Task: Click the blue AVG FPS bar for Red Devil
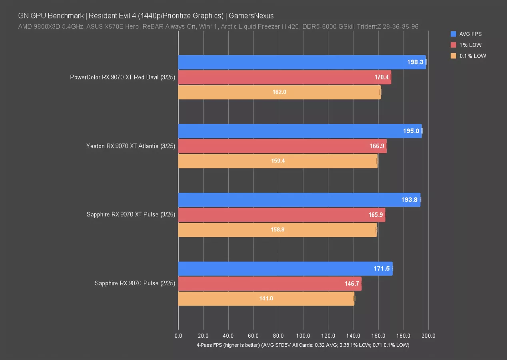[302, 62]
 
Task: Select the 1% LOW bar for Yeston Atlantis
[282, 146]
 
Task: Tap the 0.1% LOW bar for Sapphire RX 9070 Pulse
[266, 298]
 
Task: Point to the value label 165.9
[376, 215]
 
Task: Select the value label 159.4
[277, 161]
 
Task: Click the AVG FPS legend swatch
[453, 34]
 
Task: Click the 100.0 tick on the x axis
[303, 336]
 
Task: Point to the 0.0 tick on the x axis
[178, 336]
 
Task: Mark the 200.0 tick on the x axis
[428, 336]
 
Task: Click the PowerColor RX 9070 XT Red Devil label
[122, 77]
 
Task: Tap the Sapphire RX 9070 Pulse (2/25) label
[135, 284]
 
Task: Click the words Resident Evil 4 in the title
[109, 16]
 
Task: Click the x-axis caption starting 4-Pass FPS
[303, 345]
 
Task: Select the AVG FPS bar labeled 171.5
[285, 268]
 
